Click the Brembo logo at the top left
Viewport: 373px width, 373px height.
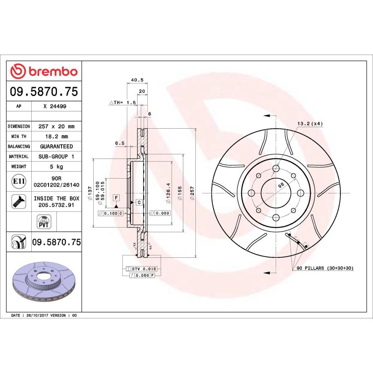44,71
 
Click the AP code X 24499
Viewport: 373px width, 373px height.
55,106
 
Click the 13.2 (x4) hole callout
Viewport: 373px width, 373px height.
310,124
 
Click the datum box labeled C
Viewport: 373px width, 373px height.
139,202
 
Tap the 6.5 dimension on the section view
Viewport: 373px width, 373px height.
120,144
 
